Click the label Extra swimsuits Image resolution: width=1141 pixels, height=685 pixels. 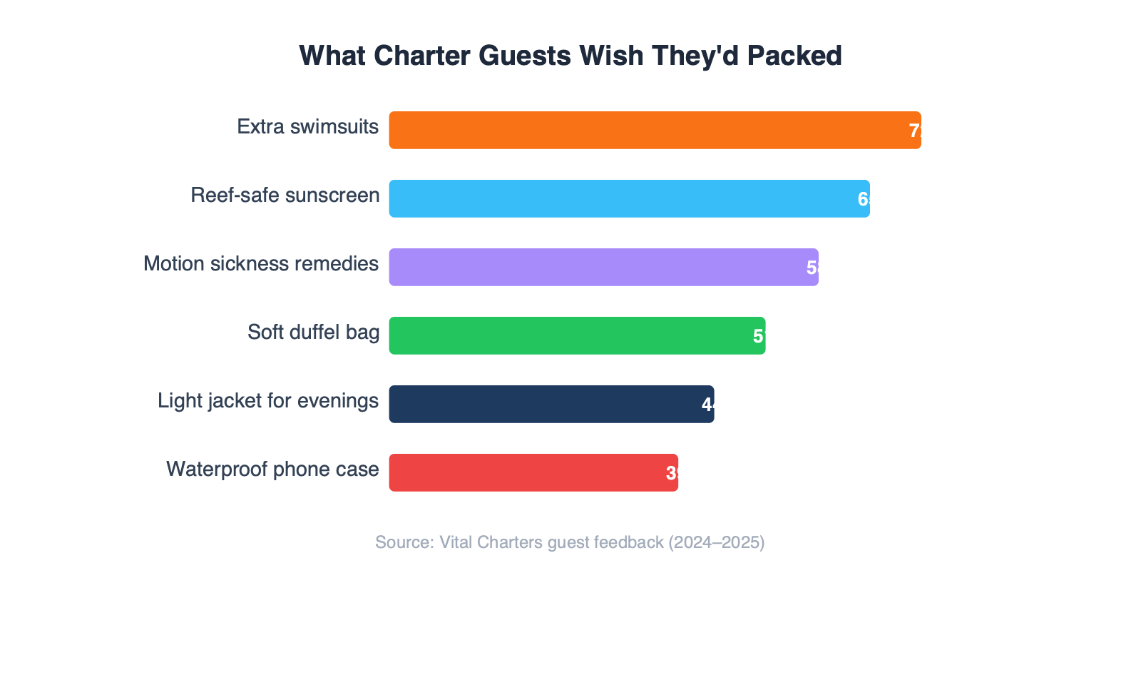point(307,127)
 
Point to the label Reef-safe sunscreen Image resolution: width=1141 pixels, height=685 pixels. point(285,196)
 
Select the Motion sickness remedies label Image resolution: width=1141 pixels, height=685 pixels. point(261,264)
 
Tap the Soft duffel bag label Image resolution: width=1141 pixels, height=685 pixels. point(313,333)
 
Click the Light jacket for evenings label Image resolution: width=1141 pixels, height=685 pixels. point(268,401)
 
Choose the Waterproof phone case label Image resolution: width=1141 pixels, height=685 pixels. point(272,470)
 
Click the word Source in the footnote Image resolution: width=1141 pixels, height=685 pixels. point(404,542)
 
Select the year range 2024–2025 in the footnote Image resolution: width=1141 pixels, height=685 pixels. point(716,542)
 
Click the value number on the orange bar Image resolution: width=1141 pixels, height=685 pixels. point(915,131)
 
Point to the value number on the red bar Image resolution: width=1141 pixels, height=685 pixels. point(672,473)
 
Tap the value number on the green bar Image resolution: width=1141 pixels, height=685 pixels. point(759,336)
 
